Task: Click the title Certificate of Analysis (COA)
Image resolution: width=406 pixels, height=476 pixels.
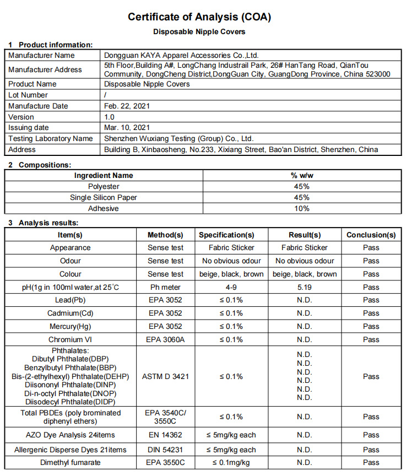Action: [x=199, y=17]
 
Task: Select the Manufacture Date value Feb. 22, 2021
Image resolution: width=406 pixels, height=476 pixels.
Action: [x=127, y=106]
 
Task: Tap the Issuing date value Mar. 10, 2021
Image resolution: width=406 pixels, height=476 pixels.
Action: [x=127, y=128]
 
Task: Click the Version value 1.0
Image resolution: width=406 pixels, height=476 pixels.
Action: [x=110, y=117]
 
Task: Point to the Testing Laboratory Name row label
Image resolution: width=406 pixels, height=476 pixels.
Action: [x=51, y=139]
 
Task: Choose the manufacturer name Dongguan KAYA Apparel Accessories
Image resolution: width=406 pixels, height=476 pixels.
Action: [x=181, y=56]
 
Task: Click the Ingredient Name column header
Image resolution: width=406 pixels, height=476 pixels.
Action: [x=104, y=176]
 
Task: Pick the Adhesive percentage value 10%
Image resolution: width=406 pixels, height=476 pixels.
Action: [x=302, y=209]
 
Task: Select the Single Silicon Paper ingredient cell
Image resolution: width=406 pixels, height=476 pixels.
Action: [x=104, y=198]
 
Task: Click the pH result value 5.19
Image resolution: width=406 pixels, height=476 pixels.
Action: [x=304, y=287]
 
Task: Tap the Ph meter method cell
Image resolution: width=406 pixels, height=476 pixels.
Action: [x=165, y=287]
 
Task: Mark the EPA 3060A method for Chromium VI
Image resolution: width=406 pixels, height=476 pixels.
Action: [x=165, y=340]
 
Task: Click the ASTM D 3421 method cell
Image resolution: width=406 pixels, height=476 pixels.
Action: [x=165, y=377]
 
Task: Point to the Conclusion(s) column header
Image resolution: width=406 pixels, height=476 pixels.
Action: [x=371, y=235]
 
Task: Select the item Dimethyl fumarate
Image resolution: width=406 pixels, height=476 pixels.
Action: [x=71, y=463]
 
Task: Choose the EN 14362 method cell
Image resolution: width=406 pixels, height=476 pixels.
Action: [x=165, y=435]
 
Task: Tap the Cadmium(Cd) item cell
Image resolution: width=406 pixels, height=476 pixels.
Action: [x=71, y=313]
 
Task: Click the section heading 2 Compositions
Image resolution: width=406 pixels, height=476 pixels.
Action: [x=40, y=165]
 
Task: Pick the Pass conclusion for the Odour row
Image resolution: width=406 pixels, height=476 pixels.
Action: [x=371, y=261]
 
